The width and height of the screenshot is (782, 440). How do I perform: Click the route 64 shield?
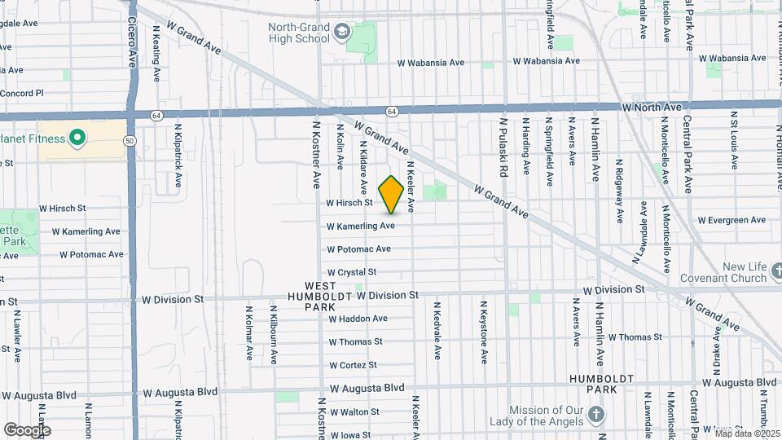click(x=392, y=111)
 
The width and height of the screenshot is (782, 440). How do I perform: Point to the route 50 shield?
click(x=130, y=141)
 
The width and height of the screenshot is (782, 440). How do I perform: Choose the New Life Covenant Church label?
click(x=733, y=272)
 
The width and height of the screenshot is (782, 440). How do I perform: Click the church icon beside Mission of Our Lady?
click(x=597, y=416)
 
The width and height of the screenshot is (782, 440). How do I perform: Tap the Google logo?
click(x=27, y=429)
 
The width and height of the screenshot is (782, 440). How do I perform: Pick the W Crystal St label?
click(x=352, y=272)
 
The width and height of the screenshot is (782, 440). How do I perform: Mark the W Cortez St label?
click(x=353, y=365)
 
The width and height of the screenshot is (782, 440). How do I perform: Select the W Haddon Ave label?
click(x=358, y=319)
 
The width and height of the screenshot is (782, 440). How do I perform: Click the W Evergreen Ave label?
click(x=732, y=220)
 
